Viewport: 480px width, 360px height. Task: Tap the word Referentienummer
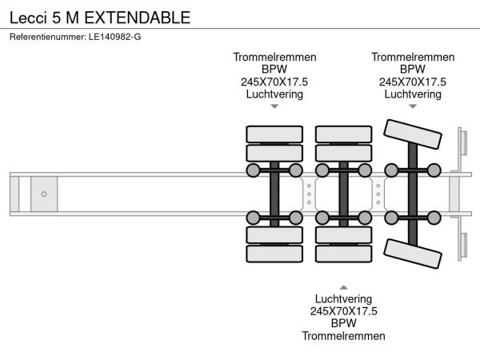point(45,36)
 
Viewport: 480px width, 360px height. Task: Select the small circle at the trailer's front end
point(44,194)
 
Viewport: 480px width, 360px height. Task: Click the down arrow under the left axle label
point(274,106)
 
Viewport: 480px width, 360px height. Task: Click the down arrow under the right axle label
point(413,106)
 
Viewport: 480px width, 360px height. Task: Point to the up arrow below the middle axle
point(343,286)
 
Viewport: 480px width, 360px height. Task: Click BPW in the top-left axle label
point(274,70)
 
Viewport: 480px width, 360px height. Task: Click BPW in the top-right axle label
point(413,70)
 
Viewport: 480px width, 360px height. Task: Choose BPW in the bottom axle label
point(343,323)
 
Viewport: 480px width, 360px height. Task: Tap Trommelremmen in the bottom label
point(343,336)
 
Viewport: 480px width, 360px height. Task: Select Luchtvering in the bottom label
point(343,298)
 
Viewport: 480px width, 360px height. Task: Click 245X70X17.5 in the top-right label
point(413,82)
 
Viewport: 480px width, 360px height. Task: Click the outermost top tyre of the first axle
point(274,134)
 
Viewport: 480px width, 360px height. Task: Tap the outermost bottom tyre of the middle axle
point(343,255)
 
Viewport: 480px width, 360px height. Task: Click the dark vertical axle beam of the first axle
point(274,194)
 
